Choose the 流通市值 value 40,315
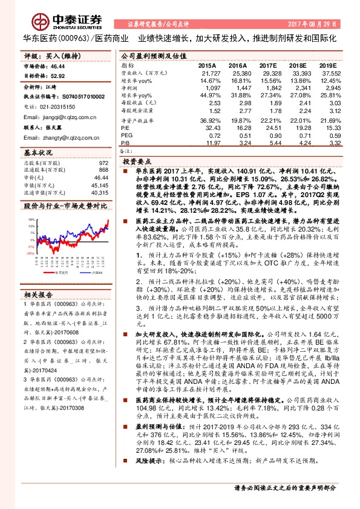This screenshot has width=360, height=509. (100, 193)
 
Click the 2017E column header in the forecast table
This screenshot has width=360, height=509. (268, 65)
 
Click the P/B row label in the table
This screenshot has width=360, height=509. (126, 143)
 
